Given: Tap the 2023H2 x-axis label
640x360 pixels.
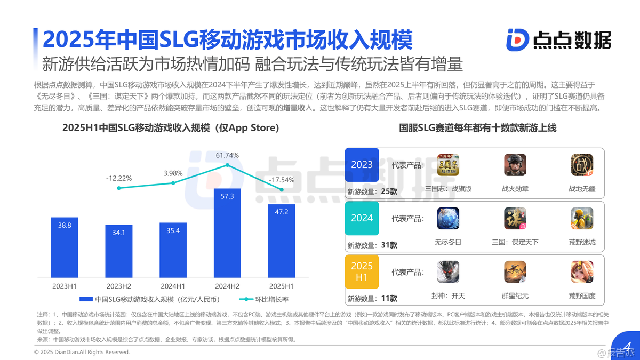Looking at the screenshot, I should [x=118, y=286].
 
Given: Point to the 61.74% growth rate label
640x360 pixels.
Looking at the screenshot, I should [x=227, y=155].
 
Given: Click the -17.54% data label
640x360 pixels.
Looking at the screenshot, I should [x=281, y=180].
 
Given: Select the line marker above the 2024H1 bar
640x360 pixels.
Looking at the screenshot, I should [x=173, y=183].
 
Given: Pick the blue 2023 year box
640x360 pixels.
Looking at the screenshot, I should [x=362, y=165].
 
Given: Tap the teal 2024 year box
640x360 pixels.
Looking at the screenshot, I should [x=362, y=218].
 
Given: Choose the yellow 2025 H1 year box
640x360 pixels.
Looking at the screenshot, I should [x=362, y=271].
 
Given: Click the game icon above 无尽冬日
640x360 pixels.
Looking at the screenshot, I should [x=448, y=219].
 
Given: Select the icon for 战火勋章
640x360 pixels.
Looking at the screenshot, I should [x=515, y=165].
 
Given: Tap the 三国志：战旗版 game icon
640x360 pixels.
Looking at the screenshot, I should [x=448, y=165].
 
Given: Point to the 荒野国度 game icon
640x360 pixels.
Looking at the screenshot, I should [x=582, y=272].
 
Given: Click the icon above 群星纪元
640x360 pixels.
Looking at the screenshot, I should [x=515, y=272].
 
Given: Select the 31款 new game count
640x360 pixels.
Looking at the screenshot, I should [x=389, y=245].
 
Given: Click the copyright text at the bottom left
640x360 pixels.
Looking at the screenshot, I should [x=82, y=352].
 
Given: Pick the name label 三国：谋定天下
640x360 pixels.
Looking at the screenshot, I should [x=515, y=242].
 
